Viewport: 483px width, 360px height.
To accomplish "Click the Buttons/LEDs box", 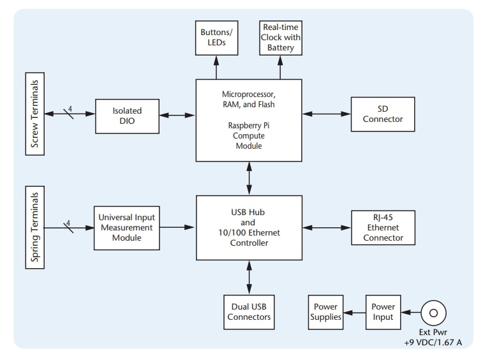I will click(216, 37).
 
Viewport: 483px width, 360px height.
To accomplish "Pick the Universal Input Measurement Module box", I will click(125, 227).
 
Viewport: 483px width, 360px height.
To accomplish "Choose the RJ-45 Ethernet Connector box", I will click(383, 227).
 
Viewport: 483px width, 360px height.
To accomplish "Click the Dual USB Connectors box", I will click(248, 311).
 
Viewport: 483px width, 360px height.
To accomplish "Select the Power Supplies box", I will click(325, 311).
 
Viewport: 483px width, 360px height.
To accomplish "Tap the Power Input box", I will click(383, 311).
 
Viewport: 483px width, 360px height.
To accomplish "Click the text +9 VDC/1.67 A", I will click(433, 343).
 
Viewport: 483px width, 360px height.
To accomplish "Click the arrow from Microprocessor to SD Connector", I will click(326, 114).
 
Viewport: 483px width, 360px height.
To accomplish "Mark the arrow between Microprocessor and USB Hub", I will click(248, 179).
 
